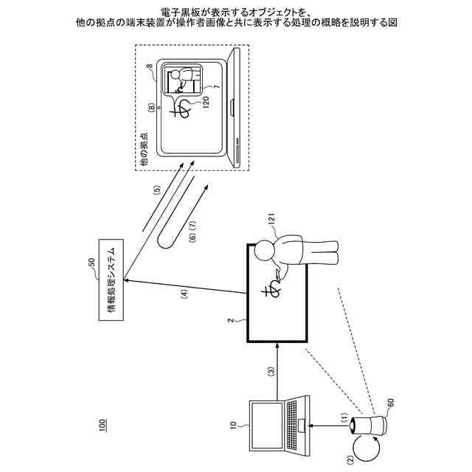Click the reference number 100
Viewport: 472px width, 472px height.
(103, 426)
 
